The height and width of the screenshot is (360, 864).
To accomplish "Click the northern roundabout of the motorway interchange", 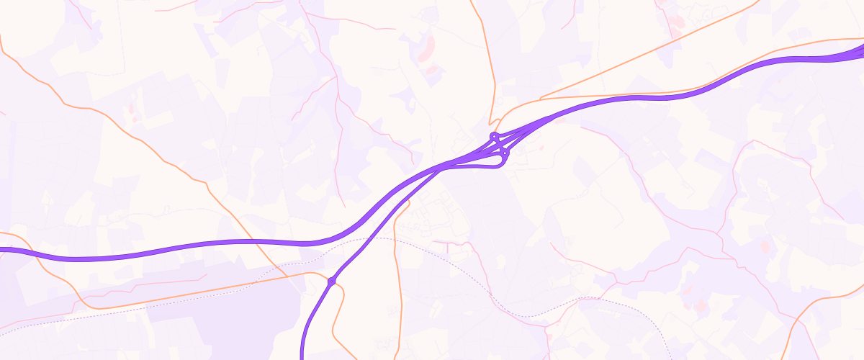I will coord(494,136).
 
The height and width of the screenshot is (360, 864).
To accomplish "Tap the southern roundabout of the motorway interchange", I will coord(505,153).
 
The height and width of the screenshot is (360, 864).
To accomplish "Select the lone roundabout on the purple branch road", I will coord(332,282).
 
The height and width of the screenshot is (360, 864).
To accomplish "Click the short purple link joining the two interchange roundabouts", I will coord(500,144).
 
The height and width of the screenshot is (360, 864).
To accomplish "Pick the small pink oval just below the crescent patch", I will coord(433,70).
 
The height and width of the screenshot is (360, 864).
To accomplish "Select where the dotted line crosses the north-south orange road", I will coord(395,238).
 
